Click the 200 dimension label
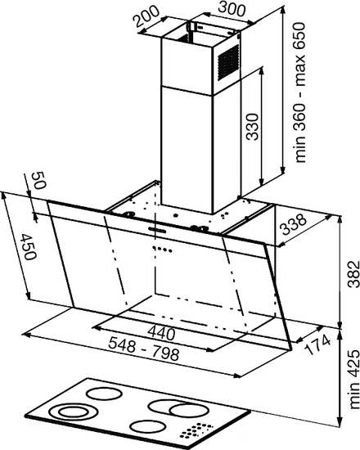tap(147, 16)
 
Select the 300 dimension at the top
tap(232, 9)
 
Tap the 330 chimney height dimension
tap(253, 127)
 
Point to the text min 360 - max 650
tap(300, 92)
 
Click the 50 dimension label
tap(38, 180)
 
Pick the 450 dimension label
tap(29, 246)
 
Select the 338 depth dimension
tap(293, 224)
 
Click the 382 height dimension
tap(353, 274)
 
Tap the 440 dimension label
tap(160, 333)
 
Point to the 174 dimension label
tap(317, 344)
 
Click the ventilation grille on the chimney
tap(228, 61)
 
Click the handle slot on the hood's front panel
tap(157, 229)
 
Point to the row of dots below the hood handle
tap(163, 249)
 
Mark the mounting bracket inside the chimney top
tap(191, 29)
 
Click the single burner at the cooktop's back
tap(105, 394)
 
